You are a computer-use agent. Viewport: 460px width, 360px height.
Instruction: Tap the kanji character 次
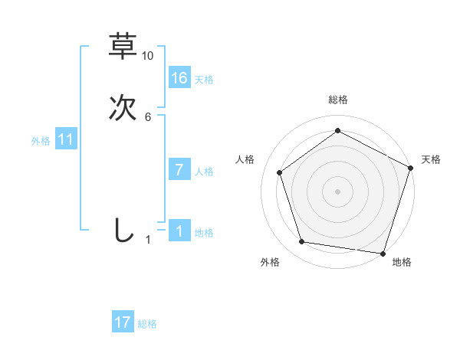click(123, 108)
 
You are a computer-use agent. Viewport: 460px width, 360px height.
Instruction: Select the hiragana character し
click(123, 231)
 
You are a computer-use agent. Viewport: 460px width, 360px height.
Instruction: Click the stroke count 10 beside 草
click(148, 56)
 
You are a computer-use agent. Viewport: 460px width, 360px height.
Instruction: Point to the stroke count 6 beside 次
click(148, 116)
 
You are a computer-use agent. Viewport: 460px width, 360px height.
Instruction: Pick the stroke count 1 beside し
click(148, 240)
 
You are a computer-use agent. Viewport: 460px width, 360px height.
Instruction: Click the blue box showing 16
click(179, 77)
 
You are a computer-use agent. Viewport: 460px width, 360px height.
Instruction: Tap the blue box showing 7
click(179, 170)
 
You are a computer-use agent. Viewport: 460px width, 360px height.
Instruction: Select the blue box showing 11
click(66, 139)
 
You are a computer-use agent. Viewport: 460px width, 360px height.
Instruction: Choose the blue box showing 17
click(123, 322)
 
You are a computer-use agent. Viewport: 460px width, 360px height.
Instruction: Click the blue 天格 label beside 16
click(204, 80)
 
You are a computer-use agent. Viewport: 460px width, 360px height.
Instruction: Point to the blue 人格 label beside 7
click(204, 172)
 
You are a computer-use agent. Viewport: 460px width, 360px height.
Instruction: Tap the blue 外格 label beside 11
click(41, 141)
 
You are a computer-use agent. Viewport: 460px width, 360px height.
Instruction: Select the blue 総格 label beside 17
click(147, 324)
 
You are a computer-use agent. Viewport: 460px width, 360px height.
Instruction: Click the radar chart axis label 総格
click(337, 100)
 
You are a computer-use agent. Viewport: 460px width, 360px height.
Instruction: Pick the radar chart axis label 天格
click(431, 159)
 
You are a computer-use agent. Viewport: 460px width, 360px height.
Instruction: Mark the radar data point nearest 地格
click(383, 253)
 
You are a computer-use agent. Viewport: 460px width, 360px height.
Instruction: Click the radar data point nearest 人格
click(280, 172)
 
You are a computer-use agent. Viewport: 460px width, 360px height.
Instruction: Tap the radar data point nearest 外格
click(302, 242)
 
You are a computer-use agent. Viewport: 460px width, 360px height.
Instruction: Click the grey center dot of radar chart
click(337, 191)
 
